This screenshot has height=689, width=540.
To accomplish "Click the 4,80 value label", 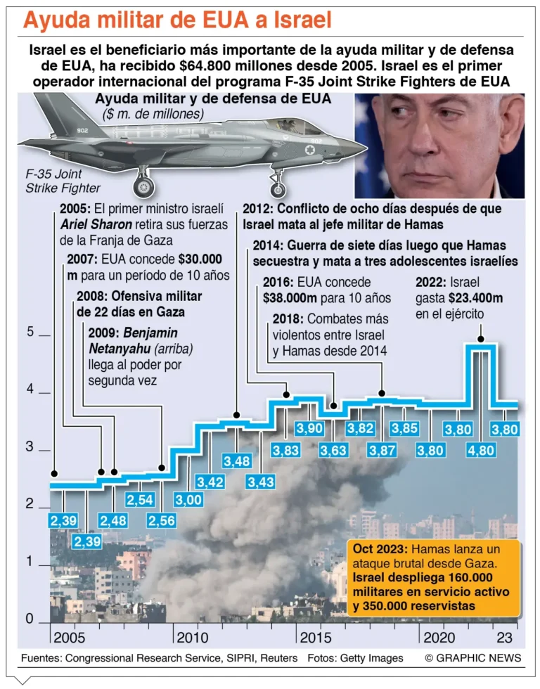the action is click(482, 450).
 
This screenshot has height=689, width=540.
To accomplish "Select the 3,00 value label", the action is click(188, 500).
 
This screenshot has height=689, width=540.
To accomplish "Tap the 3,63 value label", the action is click(334, 450).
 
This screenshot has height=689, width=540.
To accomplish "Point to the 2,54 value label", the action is click(139, 500).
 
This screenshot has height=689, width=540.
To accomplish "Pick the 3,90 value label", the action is click(309, 429).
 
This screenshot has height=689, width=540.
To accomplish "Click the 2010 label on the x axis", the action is click(192, 638).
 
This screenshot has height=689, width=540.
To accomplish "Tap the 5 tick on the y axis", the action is click(30, 332).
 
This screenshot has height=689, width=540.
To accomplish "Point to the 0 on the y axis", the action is click(30, 619).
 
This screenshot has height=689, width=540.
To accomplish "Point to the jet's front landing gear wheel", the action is click(277, 189).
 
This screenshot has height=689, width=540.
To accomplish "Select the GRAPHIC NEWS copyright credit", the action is click(472, 658).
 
